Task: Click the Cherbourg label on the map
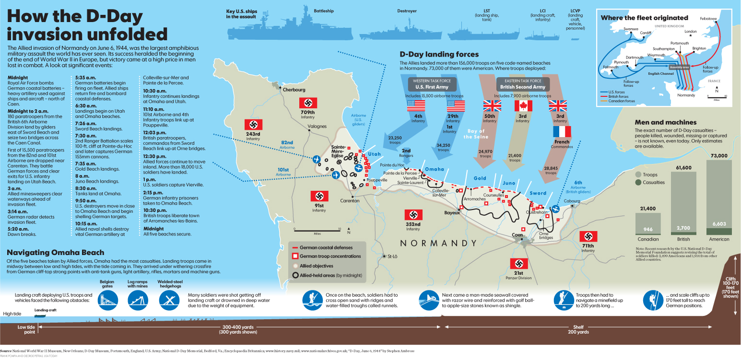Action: (294, 90)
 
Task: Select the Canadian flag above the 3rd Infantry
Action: (523, 106)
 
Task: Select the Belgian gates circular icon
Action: (106, 300)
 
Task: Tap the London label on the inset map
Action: (691, 32)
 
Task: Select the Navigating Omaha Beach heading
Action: (56, 253)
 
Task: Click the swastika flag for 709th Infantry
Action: (308, 103)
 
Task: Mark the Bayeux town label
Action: (452, 212)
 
